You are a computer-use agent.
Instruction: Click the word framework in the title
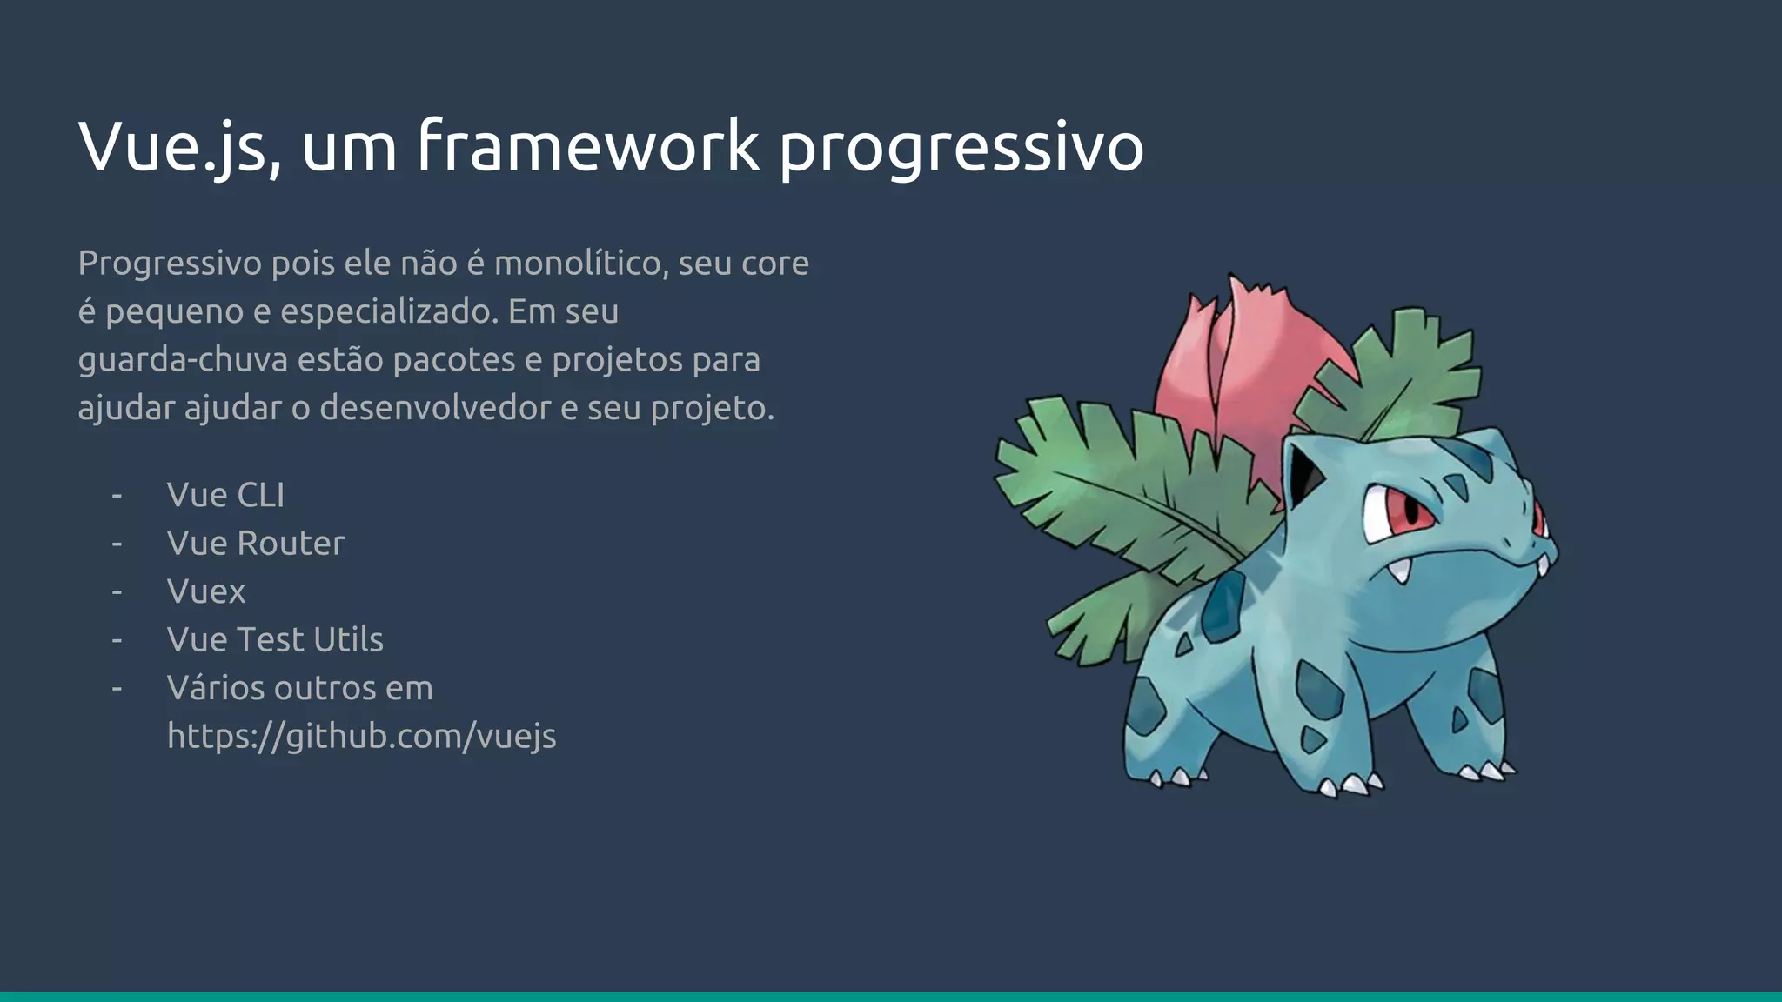tap(588, 146)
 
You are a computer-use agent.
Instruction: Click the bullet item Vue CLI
tap(225, 495)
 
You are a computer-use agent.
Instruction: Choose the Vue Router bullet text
tap(256, 544)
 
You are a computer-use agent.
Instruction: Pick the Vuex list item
tap(206, 591)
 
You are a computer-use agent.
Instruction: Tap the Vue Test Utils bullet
tap(275, 640)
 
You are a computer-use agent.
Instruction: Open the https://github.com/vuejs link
tap(361, 737)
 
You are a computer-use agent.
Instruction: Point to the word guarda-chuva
tap(183, 360)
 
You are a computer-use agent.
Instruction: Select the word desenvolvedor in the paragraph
tap(435, 408)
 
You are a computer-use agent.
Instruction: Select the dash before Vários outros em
tap(117, 688)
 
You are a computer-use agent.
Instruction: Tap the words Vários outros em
tap(299, 688)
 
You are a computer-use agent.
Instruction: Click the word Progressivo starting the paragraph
tap(170, 264)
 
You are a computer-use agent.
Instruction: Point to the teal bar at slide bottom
tap(891, 996)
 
